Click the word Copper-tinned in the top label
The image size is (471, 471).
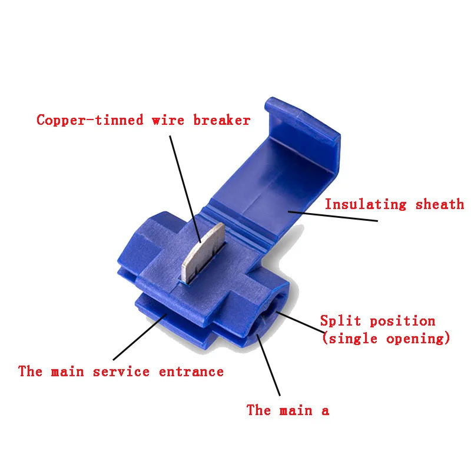[89, 120]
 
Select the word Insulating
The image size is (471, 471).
[366, 204]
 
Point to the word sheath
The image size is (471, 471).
[440, 204]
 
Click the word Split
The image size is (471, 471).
[340, 321]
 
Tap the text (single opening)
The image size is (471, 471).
[386, 339]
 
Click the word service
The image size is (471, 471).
[122, 372]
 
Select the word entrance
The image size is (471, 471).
[191, 372]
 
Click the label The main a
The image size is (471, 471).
[287, 410]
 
